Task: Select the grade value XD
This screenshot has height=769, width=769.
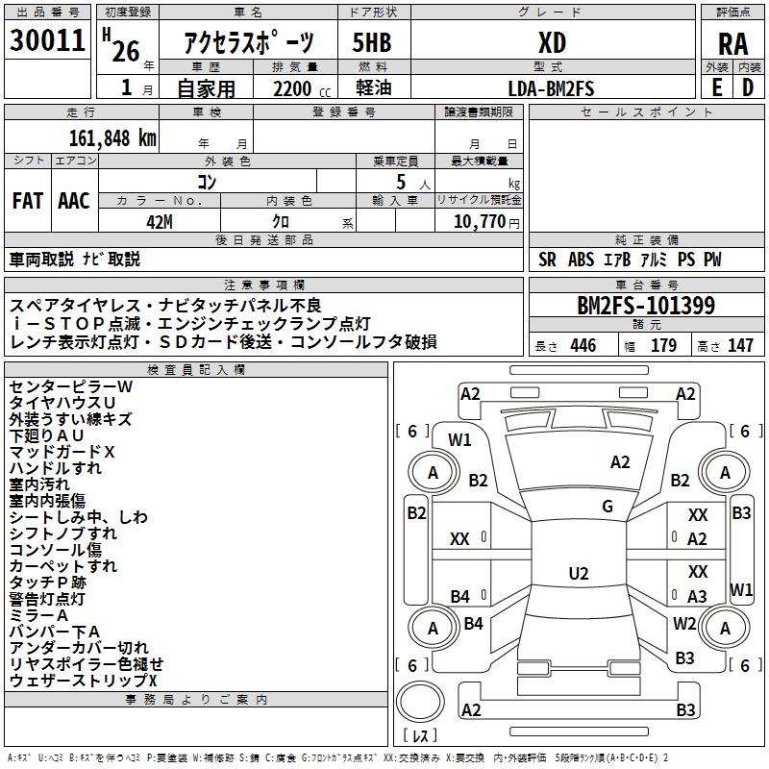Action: coord(552,42)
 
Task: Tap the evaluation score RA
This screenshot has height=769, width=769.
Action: coord(732,43)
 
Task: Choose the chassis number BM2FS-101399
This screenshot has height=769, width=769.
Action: coord(645,306)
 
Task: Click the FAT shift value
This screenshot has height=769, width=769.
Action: coord(28,201)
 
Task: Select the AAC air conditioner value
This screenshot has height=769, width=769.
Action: coord(74,201)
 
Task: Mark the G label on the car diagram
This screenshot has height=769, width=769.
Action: coord(608,507)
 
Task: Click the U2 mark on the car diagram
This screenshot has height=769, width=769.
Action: coord(578,574)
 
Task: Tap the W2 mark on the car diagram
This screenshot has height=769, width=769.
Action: coord(684,624)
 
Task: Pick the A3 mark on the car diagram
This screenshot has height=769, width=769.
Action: coord(697,597)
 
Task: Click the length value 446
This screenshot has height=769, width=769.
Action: coord(583,346)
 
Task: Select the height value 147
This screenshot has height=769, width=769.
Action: coord(740,346)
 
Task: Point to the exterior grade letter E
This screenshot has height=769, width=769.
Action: coord(716,87)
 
